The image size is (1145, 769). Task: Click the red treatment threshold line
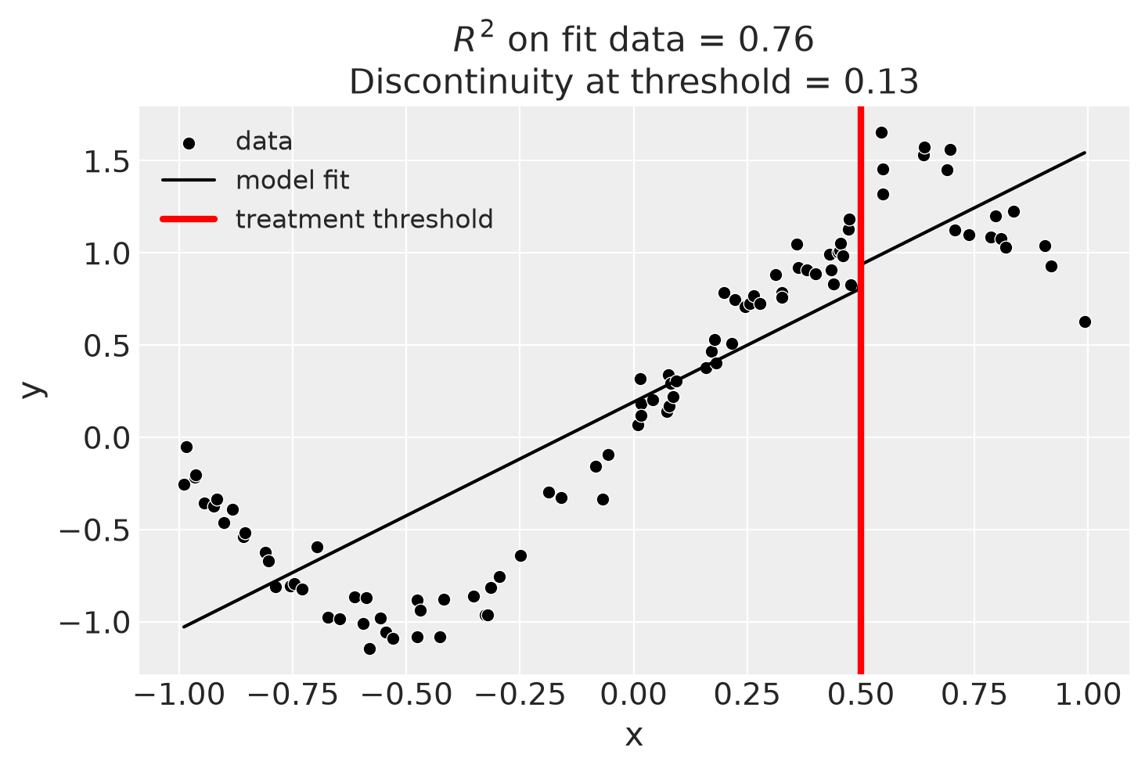tap(860, 390)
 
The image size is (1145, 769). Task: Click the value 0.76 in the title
tap(776, 40)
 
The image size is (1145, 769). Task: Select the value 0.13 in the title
tap(881, 82)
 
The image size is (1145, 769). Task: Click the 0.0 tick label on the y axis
tap(106, 438)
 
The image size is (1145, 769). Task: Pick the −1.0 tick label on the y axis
tap(94, 623)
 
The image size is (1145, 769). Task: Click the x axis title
tap(634, 737)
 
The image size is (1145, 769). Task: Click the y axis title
tap(33, 390)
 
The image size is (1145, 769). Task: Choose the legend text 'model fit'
tap(293, 181)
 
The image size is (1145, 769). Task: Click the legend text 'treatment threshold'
tap(365, 219)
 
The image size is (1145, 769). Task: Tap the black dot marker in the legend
tap(189, 144)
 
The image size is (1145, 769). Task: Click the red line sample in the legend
tap(189, 219)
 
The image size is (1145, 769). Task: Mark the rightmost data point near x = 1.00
tap(1085, 322)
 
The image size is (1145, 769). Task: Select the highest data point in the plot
tap(881, 133)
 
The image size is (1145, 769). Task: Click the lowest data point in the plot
tap(369, 649)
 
